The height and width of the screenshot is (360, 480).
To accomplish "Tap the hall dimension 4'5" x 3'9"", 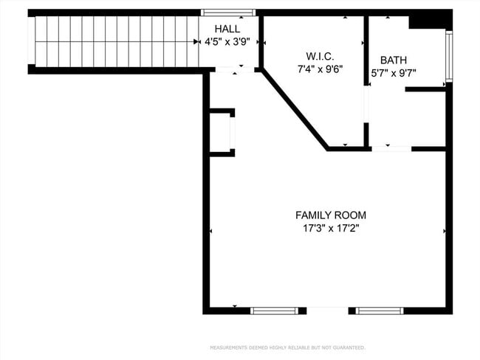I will click(232, 41).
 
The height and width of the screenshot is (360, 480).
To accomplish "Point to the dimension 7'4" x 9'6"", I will click(320, 69).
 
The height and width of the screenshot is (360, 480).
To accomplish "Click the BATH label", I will click(393, 60).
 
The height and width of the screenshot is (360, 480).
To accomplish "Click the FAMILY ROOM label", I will click(330, 215).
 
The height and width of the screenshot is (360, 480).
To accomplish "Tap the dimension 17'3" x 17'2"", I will click(330, 229).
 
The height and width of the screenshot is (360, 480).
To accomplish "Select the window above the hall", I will click(228, 13).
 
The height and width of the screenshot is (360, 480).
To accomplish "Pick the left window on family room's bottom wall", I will click(274, 311).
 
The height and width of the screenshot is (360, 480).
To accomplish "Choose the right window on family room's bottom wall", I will click(380, 311).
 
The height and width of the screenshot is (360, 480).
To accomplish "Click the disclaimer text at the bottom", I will click(287, 347).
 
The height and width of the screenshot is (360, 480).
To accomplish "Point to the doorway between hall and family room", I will click(233, 70).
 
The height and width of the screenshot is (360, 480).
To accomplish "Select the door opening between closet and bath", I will click(366, 114).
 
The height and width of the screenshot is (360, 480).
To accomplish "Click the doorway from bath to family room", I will click(391, 149).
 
